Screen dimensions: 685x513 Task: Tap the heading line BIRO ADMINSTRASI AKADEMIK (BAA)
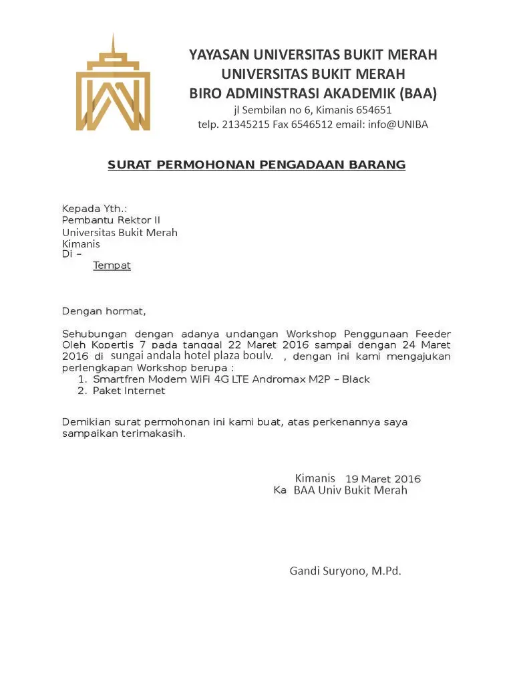coord(313,93)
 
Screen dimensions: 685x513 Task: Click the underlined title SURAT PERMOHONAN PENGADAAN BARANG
coord(256,165)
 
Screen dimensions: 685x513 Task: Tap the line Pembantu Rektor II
coord(111,220)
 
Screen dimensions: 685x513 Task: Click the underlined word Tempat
coord(112,266)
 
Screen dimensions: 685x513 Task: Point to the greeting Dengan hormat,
coord(104,311)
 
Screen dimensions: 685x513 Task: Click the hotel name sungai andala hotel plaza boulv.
coord(192,356)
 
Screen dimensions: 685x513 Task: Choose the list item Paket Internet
coord(129,391)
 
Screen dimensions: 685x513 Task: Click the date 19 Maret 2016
coord(383,479)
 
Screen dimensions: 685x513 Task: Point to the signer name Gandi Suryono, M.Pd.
coord(345,571)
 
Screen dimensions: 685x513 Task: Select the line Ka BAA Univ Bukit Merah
coord(340,490)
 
